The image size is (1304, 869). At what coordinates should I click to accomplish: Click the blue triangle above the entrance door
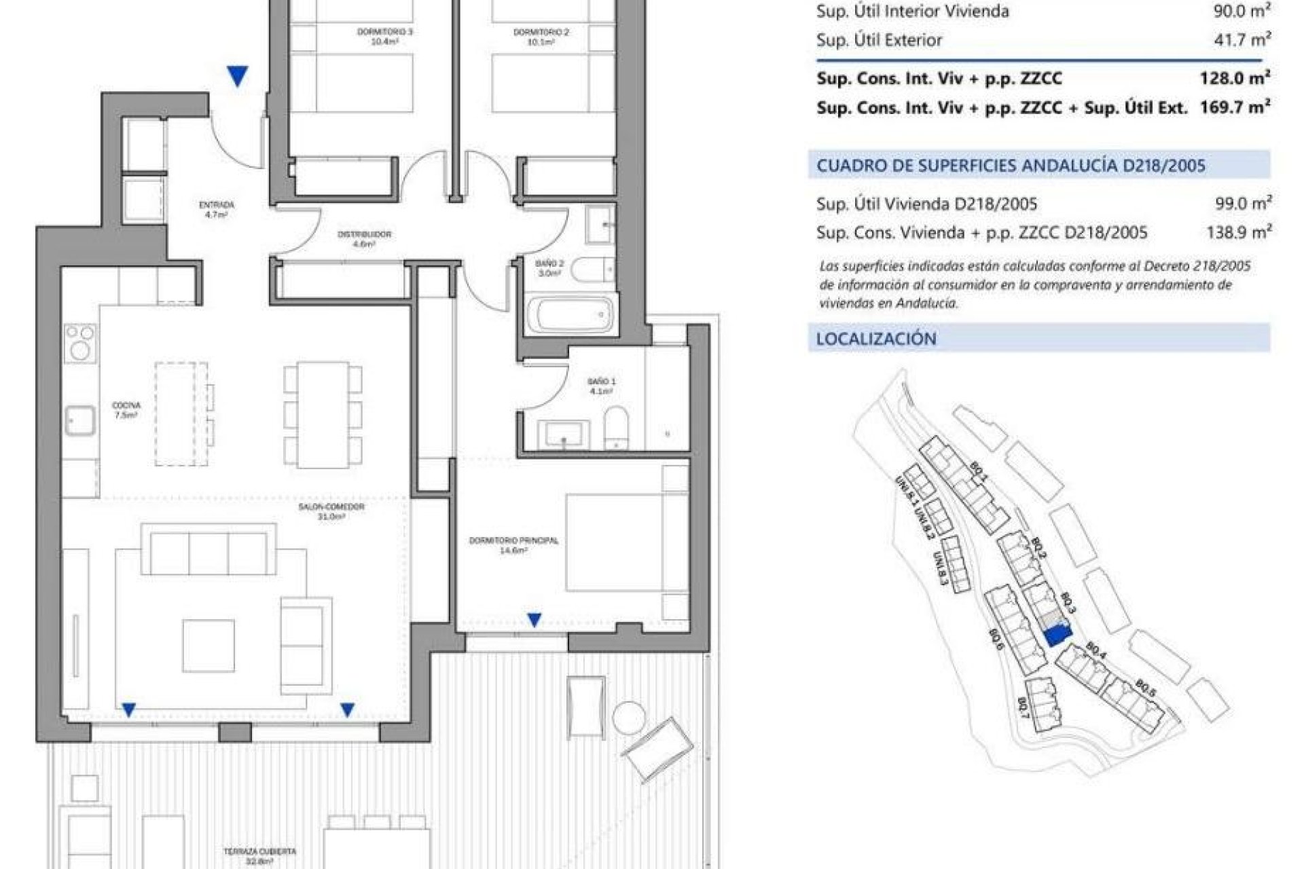[237, 75]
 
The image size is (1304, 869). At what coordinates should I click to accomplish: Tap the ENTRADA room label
[217, 208]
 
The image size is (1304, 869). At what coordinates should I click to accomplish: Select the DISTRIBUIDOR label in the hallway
[364, 238]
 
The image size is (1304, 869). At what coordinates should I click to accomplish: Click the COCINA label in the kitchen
[126, 409]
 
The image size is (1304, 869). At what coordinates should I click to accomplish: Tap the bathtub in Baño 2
[575, 314]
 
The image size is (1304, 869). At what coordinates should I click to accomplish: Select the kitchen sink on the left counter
[80, 421]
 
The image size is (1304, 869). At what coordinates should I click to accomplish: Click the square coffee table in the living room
[208, 646]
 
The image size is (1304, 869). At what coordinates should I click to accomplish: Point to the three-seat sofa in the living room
[209, 554]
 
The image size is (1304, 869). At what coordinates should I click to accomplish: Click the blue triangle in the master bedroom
[535, 619]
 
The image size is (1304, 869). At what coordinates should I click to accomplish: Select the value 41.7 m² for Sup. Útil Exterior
[1242, 40]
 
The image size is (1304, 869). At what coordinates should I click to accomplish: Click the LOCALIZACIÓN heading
[876, 339]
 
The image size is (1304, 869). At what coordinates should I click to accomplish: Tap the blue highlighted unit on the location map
[1055, 635]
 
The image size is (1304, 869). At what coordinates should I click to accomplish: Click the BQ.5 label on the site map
[1145, 688]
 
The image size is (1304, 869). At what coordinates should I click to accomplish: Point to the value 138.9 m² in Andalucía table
[1238, 233]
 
